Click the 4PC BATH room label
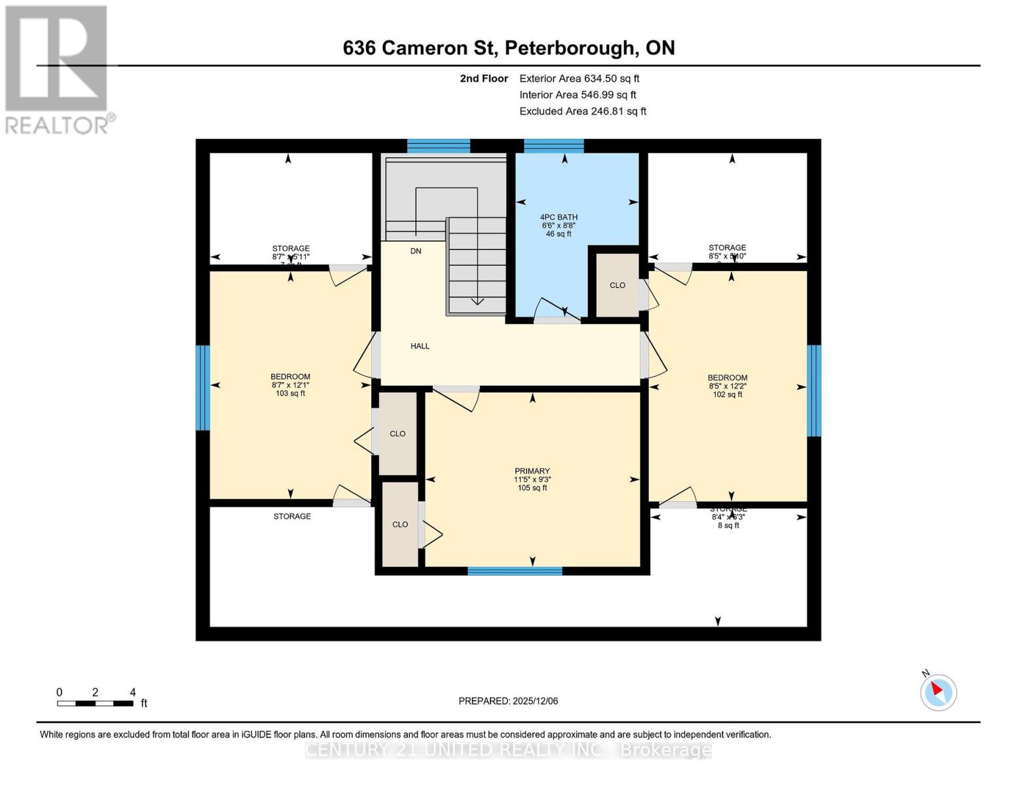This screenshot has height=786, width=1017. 559,217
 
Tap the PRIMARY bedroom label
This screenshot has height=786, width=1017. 532,471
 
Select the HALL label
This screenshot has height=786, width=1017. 420,346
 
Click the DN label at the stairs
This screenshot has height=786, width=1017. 416,251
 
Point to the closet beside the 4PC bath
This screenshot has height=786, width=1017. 617,285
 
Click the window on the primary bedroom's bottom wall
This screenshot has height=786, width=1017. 515,571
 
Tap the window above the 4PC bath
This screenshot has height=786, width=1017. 553,145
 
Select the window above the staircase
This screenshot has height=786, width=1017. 438,145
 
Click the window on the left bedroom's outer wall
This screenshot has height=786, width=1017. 203,387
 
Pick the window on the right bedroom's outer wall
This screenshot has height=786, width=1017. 813,390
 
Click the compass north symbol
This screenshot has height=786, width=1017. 938,691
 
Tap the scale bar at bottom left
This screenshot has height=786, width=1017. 95,703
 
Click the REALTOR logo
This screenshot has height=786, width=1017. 57,69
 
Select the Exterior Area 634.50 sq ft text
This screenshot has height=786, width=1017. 579,78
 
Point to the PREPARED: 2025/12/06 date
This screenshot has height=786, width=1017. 508,701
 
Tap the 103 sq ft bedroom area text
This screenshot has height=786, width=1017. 290,394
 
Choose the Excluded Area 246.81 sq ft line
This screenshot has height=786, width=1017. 582,111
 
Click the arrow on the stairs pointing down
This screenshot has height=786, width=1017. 477,301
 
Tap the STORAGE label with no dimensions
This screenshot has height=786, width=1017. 292,516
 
